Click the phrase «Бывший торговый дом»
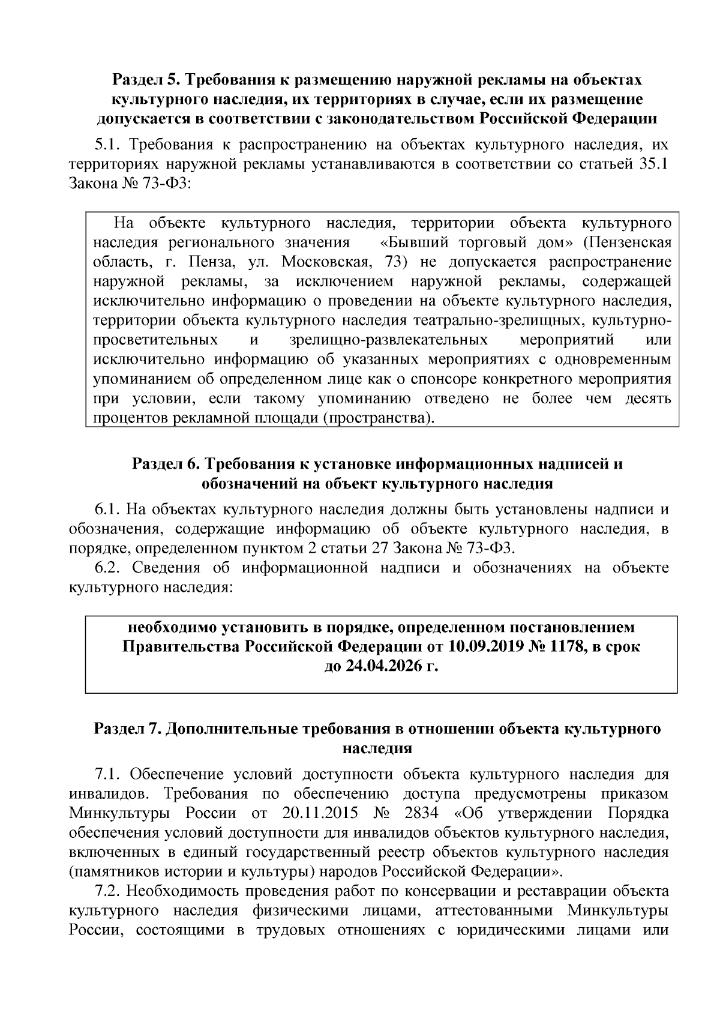(x=477, y=243)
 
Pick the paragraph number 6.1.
(x=108, y=510)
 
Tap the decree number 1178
(x=566, y=647)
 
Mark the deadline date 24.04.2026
(x=382, y=666)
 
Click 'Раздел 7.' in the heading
(x=127, y=729)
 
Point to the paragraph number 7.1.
(x=108, y=775)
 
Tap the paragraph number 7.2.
(x=108, y=891)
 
